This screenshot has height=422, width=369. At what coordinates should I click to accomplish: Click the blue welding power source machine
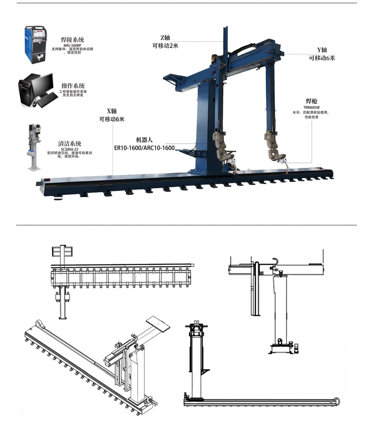(35, 45)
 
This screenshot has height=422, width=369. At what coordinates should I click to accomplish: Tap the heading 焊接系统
(72, 40)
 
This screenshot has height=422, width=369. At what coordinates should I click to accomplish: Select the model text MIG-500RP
(72, 45)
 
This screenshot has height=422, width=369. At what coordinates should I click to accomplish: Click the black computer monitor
(42, 84)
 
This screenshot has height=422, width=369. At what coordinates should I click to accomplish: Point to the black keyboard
(47, 100)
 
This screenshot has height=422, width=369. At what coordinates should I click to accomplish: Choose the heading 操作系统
(73, 86)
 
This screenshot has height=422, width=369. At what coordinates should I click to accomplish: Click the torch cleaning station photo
(34, 147)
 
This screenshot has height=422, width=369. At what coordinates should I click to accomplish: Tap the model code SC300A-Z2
(69, 149)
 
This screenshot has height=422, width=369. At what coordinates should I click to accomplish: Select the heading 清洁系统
(69, 144)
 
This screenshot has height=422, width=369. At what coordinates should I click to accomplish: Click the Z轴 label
(165, 38)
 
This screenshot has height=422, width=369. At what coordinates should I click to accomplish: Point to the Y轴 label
(322, 50)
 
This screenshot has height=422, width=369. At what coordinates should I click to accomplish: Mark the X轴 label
(111, 111)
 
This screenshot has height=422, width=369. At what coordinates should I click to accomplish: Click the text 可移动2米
(166, 46)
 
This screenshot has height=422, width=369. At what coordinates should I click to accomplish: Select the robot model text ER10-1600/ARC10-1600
(145, 148)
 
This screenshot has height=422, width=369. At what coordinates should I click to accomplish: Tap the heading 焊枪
(311, 101)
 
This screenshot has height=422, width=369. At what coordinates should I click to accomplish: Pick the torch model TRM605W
(311, 107)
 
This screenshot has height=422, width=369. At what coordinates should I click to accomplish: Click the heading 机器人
(144, 140)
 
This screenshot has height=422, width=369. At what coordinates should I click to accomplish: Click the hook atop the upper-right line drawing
(276, 261)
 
